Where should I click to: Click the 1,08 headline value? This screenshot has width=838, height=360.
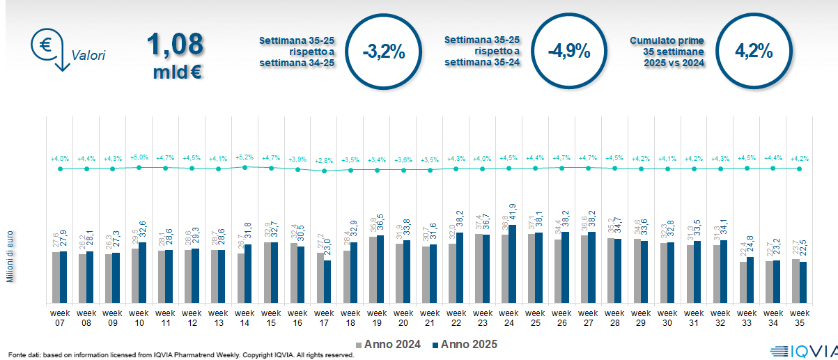(x=175, y=43)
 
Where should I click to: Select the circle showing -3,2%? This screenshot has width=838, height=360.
(x=382, y=51)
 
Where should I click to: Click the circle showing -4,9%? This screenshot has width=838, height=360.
(x=568, y=51)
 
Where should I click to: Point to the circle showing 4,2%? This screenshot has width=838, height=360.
(x=754, y=51)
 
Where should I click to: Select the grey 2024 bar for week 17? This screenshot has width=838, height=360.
(x=320, y=277)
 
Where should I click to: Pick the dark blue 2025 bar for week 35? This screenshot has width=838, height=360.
(x=803, y=282)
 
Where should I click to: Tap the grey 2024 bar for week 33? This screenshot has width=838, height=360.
(x=743, y=282)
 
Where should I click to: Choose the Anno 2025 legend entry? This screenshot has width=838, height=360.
(x=463, y=344)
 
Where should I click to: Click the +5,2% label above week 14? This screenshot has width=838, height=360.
(x=244, y=158)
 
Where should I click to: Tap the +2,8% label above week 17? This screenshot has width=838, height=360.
(x=323, y=161)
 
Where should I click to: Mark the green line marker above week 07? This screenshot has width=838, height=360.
(x=60, y=169)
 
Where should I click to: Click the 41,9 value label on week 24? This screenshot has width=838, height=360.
(x=513, y=212)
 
